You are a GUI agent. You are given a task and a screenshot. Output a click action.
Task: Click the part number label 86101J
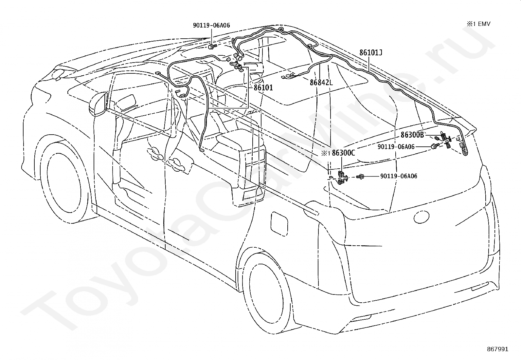point(371,53)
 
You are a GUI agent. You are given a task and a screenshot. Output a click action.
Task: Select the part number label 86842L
point(321,82)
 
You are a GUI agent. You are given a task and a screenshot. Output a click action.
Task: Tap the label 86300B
point(412,135)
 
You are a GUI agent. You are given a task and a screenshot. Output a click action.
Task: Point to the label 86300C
point(344,153)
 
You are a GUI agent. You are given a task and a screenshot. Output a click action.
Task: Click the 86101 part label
point(263,87)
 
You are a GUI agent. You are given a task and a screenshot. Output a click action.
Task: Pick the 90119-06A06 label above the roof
point(211,25)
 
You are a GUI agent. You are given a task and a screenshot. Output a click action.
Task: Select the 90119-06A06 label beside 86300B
point(396,147)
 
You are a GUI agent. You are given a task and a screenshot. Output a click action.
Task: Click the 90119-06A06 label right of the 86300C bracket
point(399,176)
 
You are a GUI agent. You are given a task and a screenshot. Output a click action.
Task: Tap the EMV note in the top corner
point(478,24)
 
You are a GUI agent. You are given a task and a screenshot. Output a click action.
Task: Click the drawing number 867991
point(498,349)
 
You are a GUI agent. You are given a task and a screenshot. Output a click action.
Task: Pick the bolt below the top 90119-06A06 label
point(212,47)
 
